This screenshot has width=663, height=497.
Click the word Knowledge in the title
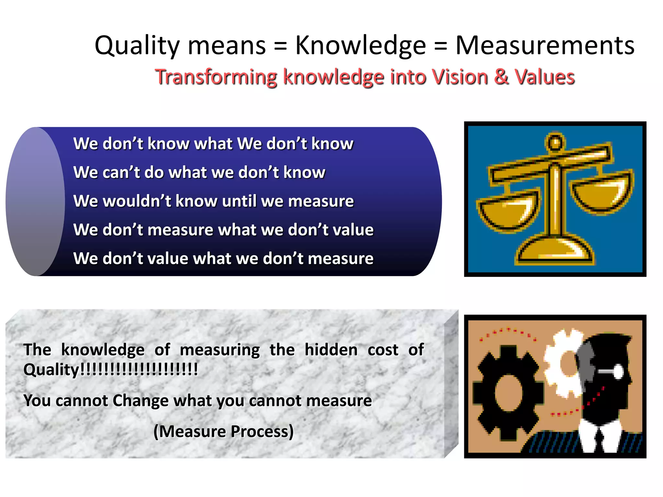coord(360,46)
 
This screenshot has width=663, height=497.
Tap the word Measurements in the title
coord(545,46)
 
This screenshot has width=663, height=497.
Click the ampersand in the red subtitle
coord(501,77)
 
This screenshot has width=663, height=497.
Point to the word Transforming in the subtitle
coord(216,77)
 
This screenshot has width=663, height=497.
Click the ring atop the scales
coord(556,142)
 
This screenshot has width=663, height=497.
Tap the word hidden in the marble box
coord(331,350)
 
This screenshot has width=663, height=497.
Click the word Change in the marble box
coord(140,401)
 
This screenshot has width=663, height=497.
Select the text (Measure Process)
coord(223,431)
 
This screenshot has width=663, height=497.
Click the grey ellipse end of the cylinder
coord(35,201)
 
